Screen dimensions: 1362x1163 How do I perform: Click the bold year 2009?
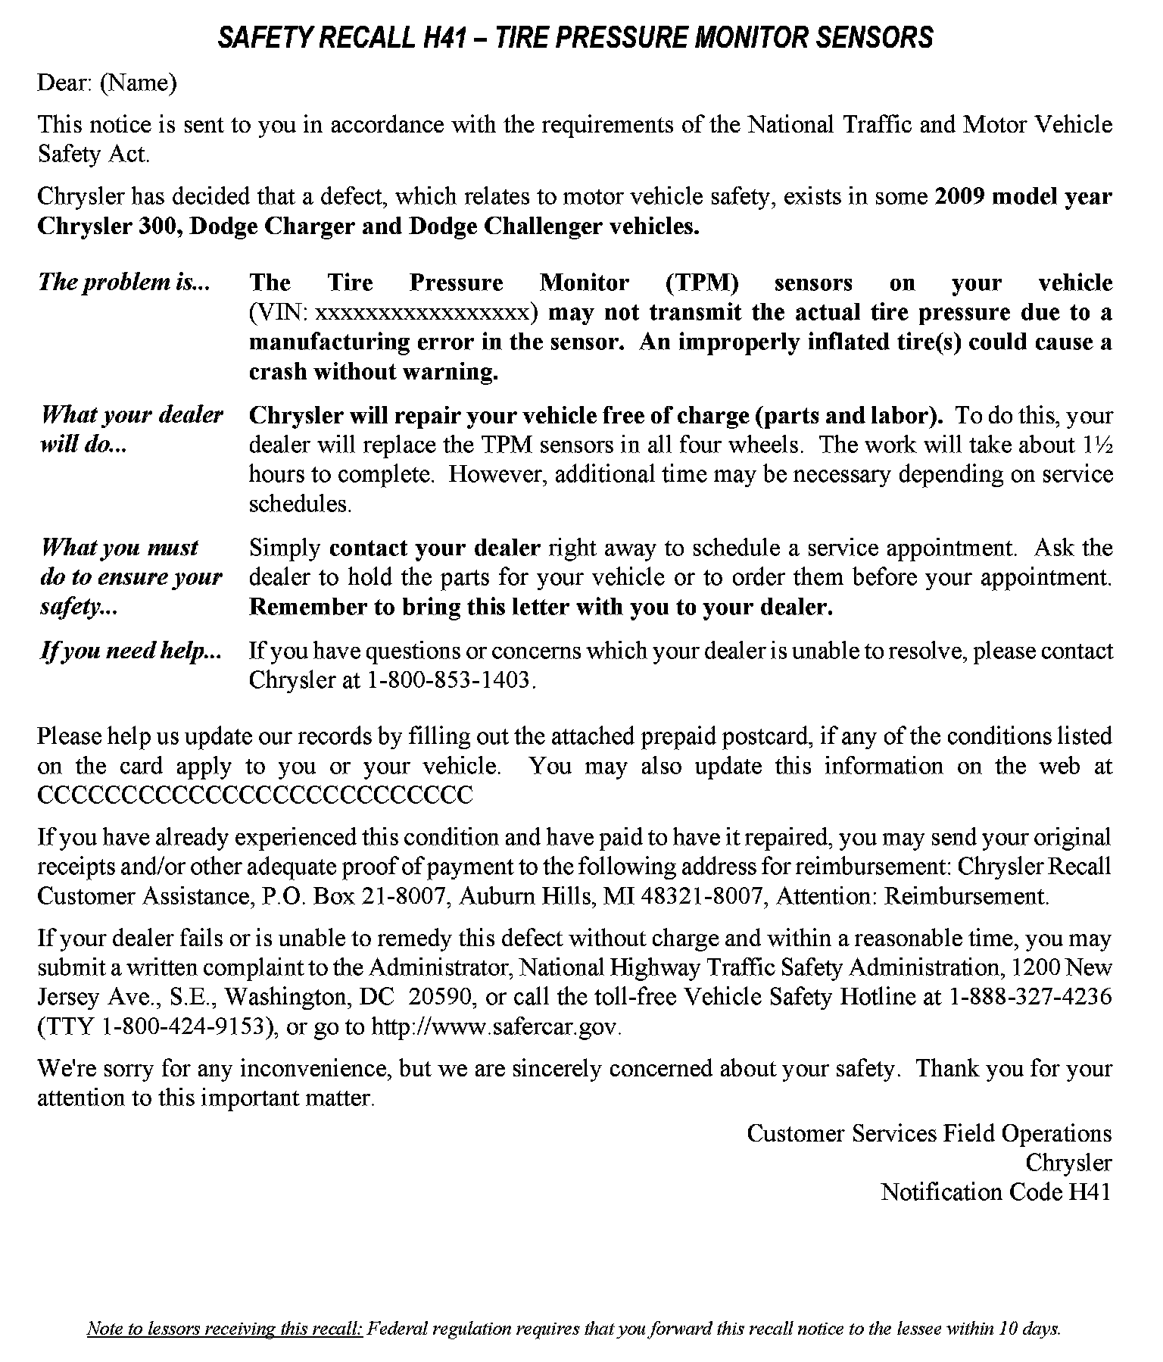click(959, 197)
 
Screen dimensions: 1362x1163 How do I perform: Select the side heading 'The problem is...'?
click(124, 283)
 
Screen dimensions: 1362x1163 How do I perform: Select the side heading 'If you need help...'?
click(130, 651)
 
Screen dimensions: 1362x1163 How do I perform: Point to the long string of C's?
click(255, 795)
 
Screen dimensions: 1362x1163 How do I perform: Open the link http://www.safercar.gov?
click(495, 1026)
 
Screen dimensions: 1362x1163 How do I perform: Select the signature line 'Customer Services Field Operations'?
click(929, 1133)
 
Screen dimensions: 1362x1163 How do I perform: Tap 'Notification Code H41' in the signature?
click(996, 1192)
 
